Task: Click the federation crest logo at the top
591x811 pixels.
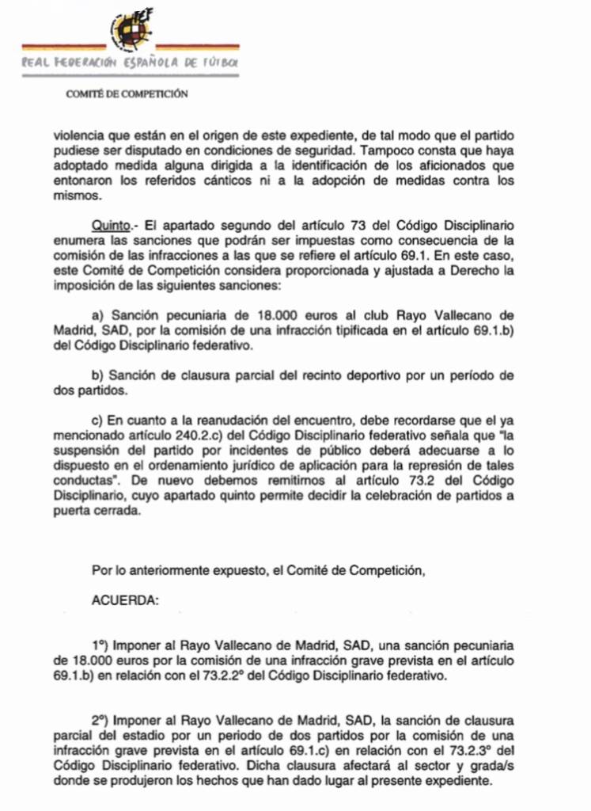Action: [131, 30]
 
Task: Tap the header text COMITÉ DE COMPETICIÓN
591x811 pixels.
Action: [127, 93]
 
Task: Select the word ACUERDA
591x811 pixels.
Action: [126, 600]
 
